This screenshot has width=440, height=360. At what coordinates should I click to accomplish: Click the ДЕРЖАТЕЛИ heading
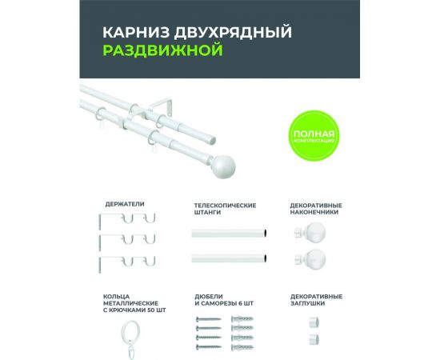pyautogui.click(x=125, y=204)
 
